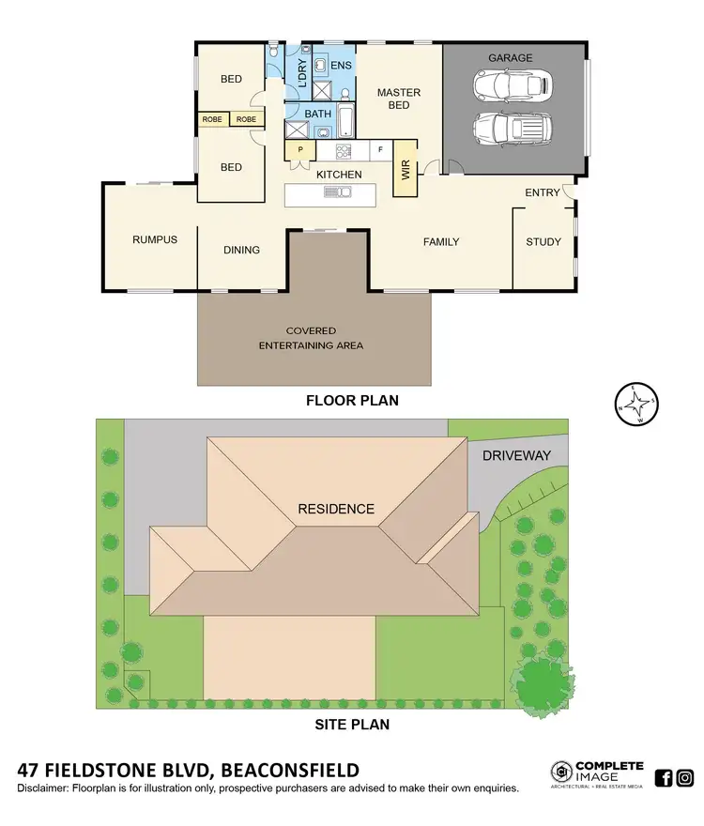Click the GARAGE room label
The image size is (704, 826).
(x=510, y=58)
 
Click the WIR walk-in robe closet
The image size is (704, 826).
(x=406, y=169)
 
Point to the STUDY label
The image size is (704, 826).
(x=543, y=242)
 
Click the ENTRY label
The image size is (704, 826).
(x=542, y=192)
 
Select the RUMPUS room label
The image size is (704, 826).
(x=154, y=239)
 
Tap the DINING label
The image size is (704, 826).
(x=241, y=250)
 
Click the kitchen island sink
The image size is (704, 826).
(x=336, y=192)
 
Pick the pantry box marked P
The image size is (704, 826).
(x=300, y=150)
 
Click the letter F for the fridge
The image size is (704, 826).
(x=380, y=149)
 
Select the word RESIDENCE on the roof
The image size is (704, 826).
(x=336, y=510)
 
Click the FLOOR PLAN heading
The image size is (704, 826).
(x=352, y=400)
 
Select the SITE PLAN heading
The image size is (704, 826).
(x=351, y=724)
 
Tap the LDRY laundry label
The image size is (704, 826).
(x=301, y=73)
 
